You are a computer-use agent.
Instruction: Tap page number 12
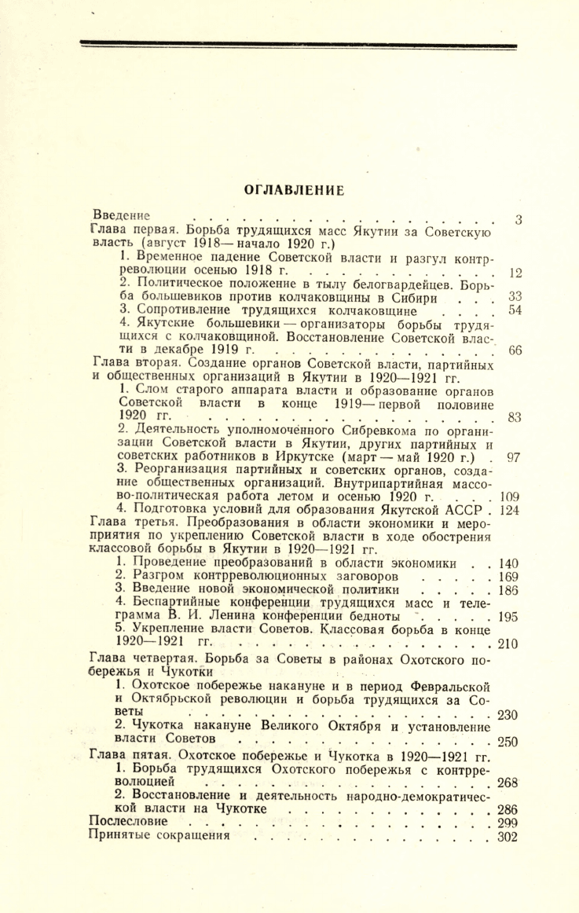(x=515, y=274)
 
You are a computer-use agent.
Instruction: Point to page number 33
(x=515, y=297)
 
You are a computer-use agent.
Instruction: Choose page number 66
(x=515, y=351)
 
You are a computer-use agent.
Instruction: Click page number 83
(x=515, y=418)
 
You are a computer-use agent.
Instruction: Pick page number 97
(x=515, y=457)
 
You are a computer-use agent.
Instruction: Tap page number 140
(x=509, y=563)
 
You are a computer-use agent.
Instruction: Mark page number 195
(x=509, y=617)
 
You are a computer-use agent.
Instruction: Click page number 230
(x=509, y=714)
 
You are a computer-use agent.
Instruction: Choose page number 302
(x=509, y=837)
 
